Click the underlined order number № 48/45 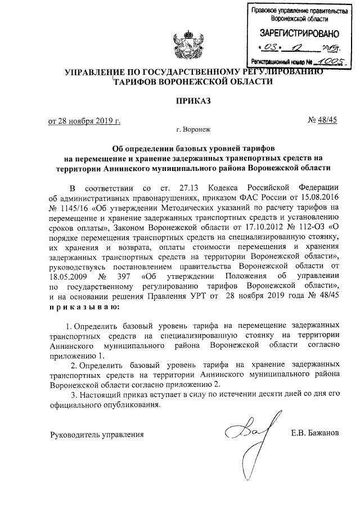point(322,120)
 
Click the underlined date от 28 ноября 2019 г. point(84,120)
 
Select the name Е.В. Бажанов point(314,434)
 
